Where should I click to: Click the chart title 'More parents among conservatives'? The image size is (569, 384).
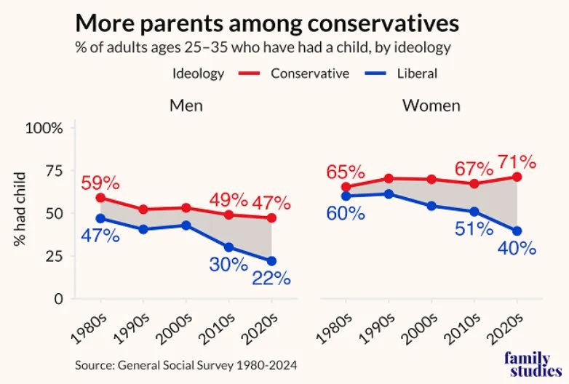click(x=267, y=23)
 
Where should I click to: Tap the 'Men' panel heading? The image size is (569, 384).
click(x=186, y=105)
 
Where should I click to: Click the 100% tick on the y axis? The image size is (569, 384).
click(x=45, y=129)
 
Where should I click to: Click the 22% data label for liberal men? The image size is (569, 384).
click(x=271, y=279)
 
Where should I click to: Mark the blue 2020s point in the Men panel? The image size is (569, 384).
click(x=271, y=261)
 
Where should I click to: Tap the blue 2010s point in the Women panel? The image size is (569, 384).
click(x=474, y=212)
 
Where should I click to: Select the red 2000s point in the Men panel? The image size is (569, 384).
click(x=186, y=207)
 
